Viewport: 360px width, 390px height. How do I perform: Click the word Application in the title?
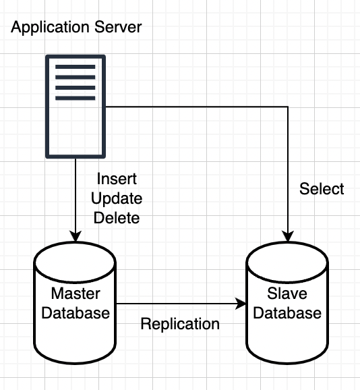point(50,28)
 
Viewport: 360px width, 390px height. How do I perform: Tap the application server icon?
point(76,107)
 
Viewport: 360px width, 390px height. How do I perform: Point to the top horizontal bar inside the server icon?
point(76,67)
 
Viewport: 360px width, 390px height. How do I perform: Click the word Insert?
point(117,179)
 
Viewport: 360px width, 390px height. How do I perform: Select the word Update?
point(117,198)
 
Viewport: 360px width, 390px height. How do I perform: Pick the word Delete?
point(117,218)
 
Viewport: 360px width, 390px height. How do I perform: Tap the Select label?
point(322,188)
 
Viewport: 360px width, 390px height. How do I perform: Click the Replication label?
point(180,324)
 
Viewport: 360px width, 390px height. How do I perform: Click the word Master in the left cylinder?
point(76,294)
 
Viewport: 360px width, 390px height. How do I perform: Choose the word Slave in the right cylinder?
point(287,294)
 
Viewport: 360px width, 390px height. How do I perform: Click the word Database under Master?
point(76,312)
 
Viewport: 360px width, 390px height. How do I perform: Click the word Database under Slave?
point(287,312)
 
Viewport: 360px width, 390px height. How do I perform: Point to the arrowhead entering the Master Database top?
point(76,237)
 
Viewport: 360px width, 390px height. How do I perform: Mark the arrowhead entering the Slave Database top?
point(288,237)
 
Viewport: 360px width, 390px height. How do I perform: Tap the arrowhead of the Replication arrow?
point(240,304)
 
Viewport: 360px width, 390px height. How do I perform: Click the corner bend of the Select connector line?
point(288,107)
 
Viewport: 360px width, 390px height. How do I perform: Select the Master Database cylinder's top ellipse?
point(75,262)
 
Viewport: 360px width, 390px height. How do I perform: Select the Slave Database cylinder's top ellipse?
point(287,262)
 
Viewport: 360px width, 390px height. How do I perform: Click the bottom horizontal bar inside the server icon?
point(76,98)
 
